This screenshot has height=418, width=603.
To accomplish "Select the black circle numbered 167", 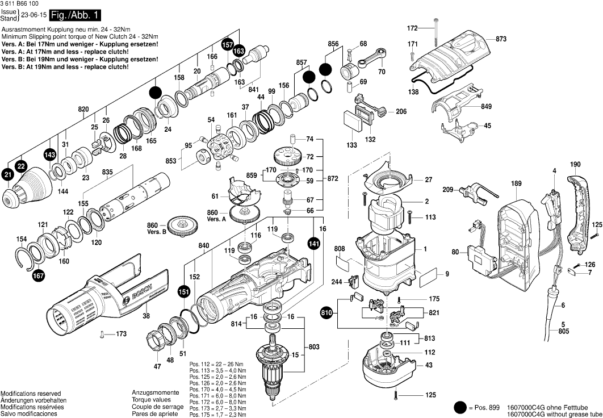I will [x=38, y=275].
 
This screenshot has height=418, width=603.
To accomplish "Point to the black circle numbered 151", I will [x=183, y=291].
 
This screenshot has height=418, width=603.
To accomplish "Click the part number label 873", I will [x=500, y=39].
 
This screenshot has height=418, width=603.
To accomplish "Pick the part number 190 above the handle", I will [x=575, y=165].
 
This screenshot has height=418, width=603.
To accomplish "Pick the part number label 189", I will [x=516, y=183].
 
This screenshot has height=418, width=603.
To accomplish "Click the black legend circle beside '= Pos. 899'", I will [x=460, y=407].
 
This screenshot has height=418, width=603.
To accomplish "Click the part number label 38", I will [x=146, y=316].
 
